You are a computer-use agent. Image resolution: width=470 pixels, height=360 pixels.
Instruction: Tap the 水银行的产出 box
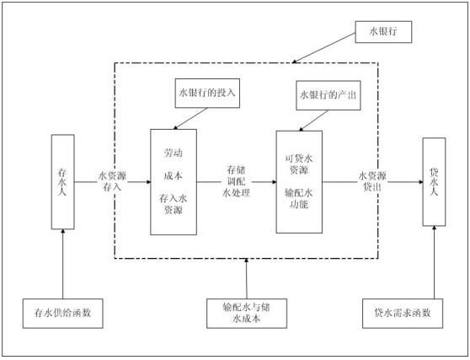[329, 94]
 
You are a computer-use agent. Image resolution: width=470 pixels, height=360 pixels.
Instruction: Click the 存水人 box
[64, 180]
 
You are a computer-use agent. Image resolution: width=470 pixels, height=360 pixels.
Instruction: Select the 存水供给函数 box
[64, 314]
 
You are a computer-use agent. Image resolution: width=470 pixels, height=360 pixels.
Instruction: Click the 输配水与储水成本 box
[248, 313]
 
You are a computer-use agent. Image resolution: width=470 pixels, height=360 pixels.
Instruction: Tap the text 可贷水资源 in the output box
[297, 160]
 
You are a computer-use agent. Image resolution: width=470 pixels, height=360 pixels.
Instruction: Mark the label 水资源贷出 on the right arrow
[373, 180]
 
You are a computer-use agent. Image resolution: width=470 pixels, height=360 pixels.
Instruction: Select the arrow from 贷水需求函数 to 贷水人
[435, 261]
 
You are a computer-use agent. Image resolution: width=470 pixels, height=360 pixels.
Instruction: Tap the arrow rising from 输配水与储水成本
[248, 278]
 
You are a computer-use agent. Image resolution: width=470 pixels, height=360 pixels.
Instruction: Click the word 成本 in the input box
[174, 177]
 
